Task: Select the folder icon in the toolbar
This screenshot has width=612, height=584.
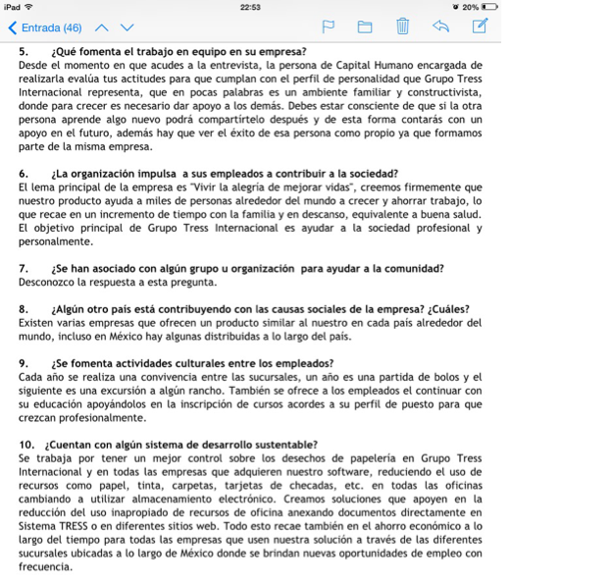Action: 365,27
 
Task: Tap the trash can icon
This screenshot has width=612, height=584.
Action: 402,27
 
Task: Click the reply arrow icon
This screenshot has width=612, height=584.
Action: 440,27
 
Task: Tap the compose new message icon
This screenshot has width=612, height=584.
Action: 480,27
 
